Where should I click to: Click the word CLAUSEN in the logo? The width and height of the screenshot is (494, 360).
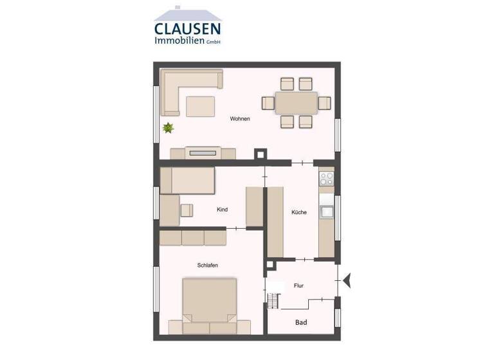tap(187, 28)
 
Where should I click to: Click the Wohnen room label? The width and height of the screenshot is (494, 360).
tap(240, 119)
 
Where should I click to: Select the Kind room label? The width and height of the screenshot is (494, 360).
tap(222, 210)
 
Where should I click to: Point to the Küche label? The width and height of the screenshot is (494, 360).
tap(298, 212)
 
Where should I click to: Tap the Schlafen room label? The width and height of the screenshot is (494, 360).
tap(208, 265)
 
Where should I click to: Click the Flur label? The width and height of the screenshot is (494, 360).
tap(298, 285)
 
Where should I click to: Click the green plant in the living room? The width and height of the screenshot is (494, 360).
tap(169, 128)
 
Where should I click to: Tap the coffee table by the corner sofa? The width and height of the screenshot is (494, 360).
tap(201, 105)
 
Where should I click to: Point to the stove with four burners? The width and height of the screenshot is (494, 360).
tap(327, 177)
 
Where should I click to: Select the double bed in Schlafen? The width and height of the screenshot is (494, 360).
tap(209, 300)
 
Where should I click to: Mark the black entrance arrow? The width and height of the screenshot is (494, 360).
tap(349, 279)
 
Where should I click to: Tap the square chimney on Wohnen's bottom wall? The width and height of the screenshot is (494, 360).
tap(261, 154)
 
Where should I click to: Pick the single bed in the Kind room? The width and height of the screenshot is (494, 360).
tap(187, 181)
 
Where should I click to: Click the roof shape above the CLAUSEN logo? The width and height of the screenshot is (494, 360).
tap(187, 14)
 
